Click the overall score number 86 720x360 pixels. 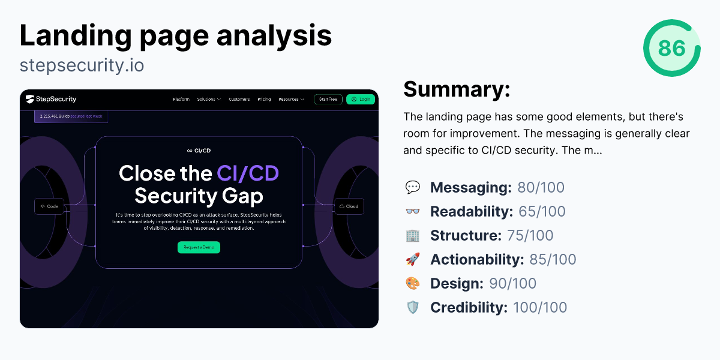click(x=671, y=48)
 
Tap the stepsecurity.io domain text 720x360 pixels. click(x=82, y=65)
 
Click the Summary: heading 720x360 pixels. click(x=457, y=89)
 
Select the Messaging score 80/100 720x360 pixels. click(x=541, y=187)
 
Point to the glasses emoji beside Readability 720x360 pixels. click(x=413, y=211)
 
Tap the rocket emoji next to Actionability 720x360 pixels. click(x=413, y=259)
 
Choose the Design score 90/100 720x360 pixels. click(x=512, y=283)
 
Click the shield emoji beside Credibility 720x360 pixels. click(x=413, y=307)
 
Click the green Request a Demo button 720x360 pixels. click(x=199, y=247)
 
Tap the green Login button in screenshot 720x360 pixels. click(x=361, y=99)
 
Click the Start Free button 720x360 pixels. click(x=328, y=99)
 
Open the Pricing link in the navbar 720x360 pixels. click(x=264, y=99)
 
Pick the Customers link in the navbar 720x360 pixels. click(x=239, y=99)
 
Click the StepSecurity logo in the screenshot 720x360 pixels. click(x=51, y=99)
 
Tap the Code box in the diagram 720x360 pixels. click(x=49, y=206)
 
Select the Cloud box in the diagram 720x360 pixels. click(x=349, y=206)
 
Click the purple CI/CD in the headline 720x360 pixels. click(x=247, y=173)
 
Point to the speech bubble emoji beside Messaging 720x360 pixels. click(x=413, y=187)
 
